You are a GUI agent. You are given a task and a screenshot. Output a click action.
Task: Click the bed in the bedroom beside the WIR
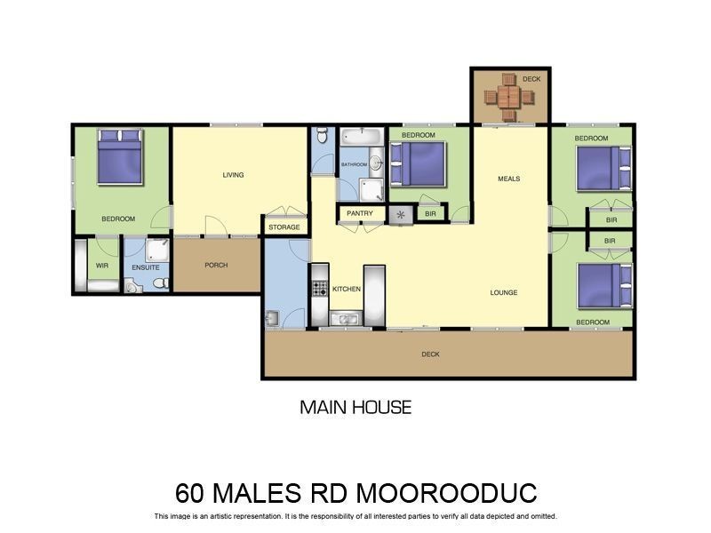[120, 157]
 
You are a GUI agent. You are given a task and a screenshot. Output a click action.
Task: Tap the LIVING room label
[233, 175]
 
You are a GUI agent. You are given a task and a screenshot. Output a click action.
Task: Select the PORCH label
[216, 265]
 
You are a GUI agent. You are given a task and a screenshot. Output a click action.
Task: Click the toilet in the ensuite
[160, 283]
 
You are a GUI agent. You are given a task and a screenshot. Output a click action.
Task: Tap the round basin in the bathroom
[375, 163]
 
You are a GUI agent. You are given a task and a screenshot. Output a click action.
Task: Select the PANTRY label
[360, 213]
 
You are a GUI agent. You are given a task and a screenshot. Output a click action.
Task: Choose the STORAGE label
[284, 227]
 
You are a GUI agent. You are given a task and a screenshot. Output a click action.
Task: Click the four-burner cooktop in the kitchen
[320, 288]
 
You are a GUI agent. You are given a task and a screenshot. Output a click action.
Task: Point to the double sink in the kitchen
[345, 319]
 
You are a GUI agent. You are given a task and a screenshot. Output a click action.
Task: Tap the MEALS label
[508, 179]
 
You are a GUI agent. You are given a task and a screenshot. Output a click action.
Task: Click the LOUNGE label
[504, 292]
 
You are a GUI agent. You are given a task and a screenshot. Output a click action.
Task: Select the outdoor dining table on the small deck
[508, 96]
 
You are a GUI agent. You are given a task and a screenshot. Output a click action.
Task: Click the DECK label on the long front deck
[430, 354]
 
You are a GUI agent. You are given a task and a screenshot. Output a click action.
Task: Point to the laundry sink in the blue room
[273, 318]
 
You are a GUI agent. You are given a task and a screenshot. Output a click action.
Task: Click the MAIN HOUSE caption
[355, 408]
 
